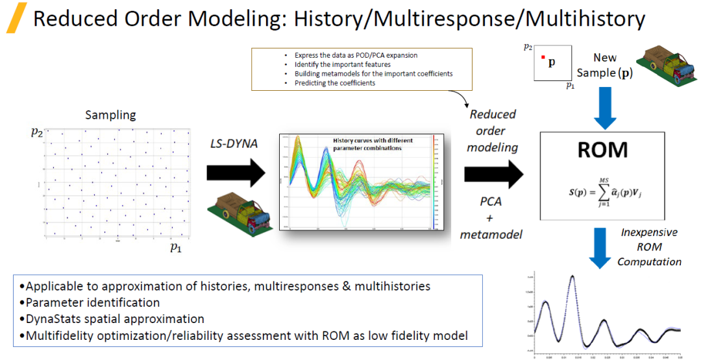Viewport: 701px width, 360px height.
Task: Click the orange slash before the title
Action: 16,18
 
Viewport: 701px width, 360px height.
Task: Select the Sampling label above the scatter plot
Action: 111,115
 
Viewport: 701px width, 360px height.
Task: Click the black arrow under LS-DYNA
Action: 236,173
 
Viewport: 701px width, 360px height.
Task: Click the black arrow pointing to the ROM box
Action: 493,173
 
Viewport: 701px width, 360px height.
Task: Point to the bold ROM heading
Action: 603,149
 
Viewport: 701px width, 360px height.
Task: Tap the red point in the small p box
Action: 543,58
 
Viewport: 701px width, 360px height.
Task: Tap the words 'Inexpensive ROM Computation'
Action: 648,246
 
